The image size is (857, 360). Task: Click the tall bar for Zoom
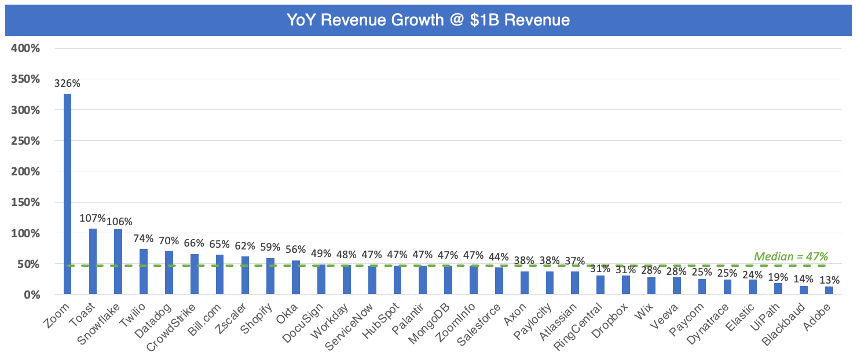(67, 194)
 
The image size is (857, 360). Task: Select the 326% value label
(67, 83)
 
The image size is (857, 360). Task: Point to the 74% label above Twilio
(143, 238)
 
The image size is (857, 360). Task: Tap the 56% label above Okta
(295, 249)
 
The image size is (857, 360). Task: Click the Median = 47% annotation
(790, 256)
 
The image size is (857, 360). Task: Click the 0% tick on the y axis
(31, 295)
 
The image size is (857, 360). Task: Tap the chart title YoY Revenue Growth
(428, 20)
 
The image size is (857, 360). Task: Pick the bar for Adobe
(829, 291)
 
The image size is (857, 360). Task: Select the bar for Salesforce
(499, 281)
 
